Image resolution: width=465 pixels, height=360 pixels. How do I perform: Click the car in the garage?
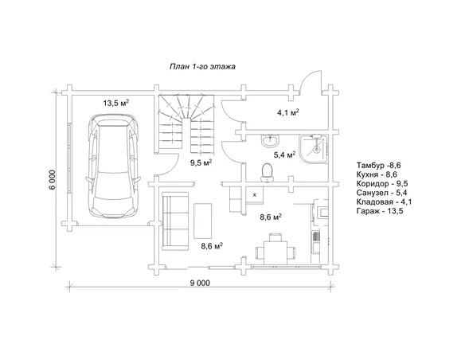pos(113,166)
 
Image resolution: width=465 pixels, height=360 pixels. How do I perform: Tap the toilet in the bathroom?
pos(267,172)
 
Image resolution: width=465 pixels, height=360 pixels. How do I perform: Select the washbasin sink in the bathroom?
pos(270,140)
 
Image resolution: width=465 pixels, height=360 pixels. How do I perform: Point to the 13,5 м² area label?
pos(116,103)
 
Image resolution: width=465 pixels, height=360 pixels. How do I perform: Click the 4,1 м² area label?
pos(287,112)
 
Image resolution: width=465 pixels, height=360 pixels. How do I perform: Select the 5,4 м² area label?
pos(284,155)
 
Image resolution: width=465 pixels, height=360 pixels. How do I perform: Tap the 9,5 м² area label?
pos(201,162)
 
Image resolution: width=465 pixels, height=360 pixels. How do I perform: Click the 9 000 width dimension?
pos(200,284)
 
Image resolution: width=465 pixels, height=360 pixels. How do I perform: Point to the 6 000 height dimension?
pos(53,180)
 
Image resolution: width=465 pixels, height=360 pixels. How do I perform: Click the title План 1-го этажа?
pos(202,66)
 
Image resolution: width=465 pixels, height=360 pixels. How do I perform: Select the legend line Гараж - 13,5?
pos(380,211)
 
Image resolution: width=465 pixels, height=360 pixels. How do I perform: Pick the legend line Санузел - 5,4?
pos(381,193)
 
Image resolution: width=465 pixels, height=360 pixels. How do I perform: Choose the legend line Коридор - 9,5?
pos(382,183)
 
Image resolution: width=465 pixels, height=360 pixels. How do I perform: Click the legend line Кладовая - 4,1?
pos(384,202)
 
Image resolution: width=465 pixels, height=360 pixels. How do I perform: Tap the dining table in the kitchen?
pos(275,252)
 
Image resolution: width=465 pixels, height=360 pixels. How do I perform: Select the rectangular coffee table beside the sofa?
pos(203,221)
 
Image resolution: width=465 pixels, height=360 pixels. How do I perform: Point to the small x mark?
pos(255,195)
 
